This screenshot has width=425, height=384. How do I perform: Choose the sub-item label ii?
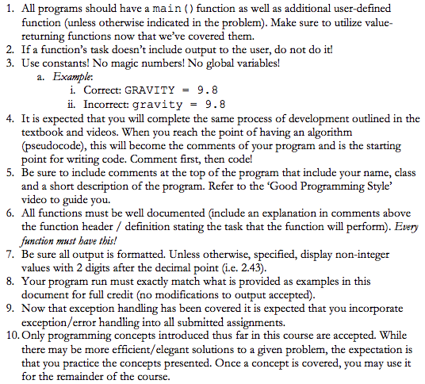coord(71,103)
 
